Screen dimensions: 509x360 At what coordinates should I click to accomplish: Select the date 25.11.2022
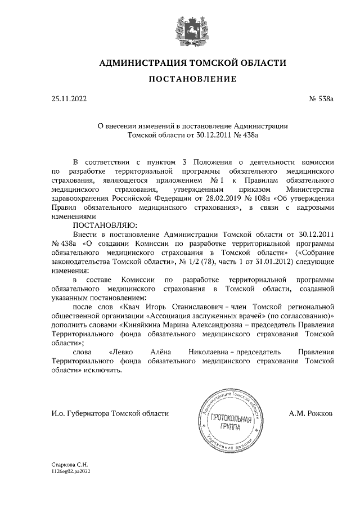click(x=69, y=99)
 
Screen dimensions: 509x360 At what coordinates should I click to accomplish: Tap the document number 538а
click(x=322, y=99)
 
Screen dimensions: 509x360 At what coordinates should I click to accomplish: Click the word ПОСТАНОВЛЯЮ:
click(x=105, y=226)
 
